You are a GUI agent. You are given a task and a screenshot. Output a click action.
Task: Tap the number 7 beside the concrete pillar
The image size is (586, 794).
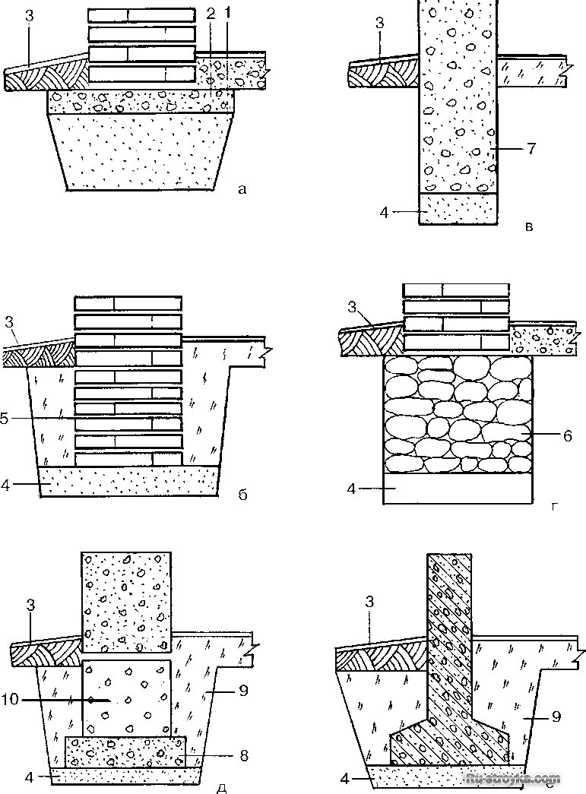point(531,148)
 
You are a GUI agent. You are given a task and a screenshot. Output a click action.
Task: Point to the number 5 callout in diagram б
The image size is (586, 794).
point(6,419)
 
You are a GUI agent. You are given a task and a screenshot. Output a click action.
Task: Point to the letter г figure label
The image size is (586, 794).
point(552,502)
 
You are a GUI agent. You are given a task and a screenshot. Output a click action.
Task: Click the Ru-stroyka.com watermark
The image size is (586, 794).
point(524,779)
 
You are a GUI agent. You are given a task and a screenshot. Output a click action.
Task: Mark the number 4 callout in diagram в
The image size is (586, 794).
point(385,212)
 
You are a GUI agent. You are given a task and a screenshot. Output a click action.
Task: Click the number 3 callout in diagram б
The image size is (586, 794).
point(8,321)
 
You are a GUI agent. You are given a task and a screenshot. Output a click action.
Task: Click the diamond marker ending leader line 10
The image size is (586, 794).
point(90,700)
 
